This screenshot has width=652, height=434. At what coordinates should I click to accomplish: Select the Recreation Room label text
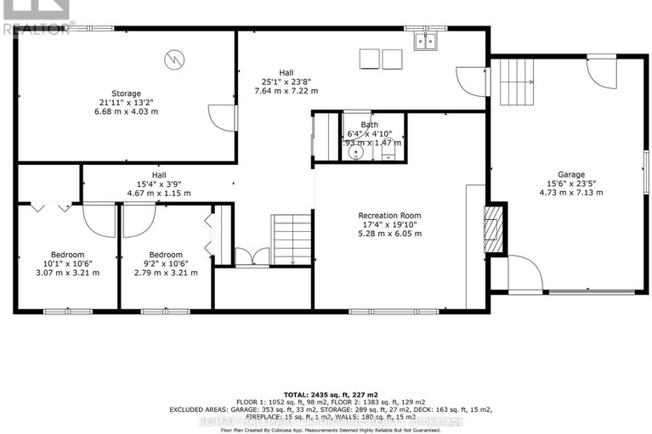click(x=390, y=216)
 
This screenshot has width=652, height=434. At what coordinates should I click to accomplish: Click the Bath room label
click(x=369, y=125)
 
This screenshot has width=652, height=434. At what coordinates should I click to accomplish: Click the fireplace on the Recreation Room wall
click(x=494, y=228)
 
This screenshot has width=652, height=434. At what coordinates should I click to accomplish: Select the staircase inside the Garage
click(x=514, y=80)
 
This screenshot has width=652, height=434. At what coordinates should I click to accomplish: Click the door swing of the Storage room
click(x=221, y=117)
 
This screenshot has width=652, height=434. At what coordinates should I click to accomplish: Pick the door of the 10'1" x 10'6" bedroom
click(x=99, y=221)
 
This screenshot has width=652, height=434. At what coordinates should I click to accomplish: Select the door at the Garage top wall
click(x=601, y=72)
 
